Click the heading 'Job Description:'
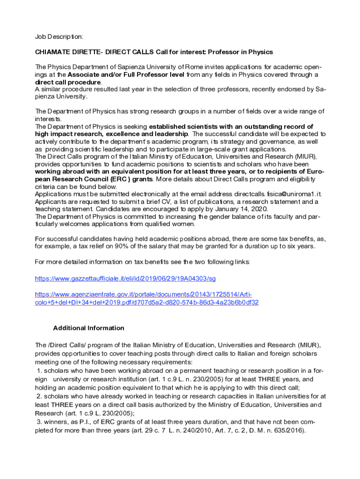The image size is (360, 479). click(x=59, y=36)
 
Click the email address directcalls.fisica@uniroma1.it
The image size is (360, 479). click(x=273, y=194)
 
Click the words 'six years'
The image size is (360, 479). click(x=299, y=247)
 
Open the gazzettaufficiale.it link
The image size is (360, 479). click(x=125, y=279)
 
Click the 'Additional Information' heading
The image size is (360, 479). click(x=88, y=328)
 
